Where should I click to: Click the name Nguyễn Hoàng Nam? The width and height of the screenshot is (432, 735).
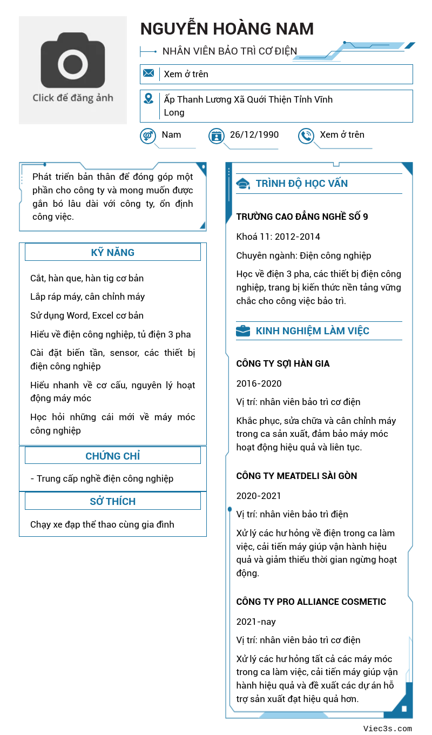pos(227,29)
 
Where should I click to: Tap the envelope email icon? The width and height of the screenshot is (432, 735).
pos(148,73)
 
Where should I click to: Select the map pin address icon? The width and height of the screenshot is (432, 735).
pos(148,99)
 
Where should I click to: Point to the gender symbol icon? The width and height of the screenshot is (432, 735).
pos(148,136)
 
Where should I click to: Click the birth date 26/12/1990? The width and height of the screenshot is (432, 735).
pos(254,134)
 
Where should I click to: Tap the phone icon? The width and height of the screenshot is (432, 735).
pos(306,136)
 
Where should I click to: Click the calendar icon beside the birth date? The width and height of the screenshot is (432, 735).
pos(217,136)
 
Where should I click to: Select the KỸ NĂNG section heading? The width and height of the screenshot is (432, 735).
pos(112,252)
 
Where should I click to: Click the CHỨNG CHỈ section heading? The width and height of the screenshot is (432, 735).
pos(112,456)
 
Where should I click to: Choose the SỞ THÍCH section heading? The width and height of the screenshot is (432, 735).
pos(112,501)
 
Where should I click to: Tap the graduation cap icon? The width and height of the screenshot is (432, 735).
pos(243,184)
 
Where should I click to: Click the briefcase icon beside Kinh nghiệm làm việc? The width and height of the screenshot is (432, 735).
pos(243,331)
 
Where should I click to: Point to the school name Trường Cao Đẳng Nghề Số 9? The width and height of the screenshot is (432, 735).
pos(302,217)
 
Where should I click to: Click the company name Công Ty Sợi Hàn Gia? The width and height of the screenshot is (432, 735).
pos(282,363)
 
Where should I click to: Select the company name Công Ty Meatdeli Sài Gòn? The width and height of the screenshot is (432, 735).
pos(296,476)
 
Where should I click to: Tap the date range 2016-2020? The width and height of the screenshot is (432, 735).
pos(259,383)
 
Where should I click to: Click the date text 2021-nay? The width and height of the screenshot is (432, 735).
pos(256,622)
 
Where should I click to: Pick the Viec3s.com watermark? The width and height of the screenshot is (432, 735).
pos(387,729)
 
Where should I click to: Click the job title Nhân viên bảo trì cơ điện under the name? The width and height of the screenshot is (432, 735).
pos(230,51)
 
